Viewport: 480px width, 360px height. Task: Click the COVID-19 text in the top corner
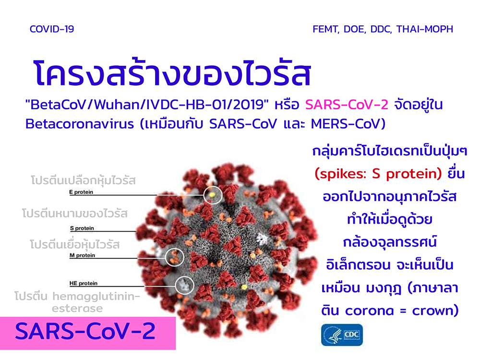52,29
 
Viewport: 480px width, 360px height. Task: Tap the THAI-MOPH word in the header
425,29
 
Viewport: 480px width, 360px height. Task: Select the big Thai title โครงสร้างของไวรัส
172,72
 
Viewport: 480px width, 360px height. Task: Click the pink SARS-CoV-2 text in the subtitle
347,105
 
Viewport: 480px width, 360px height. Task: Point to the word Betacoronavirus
80,124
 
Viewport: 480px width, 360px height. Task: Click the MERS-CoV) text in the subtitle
348,124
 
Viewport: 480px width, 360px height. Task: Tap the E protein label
81,192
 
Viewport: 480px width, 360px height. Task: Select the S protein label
82,228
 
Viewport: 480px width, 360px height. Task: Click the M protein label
82,255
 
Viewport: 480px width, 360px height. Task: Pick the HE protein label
83,284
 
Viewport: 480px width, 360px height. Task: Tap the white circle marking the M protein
166,257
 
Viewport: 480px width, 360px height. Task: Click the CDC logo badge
342,335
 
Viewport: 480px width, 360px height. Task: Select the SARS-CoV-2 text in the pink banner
85,331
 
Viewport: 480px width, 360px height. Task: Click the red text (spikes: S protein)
378,174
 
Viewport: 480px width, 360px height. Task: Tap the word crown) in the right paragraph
435,311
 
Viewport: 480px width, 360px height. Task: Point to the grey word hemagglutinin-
96,297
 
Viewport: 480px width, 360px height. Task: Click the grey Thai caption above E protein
83,180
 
